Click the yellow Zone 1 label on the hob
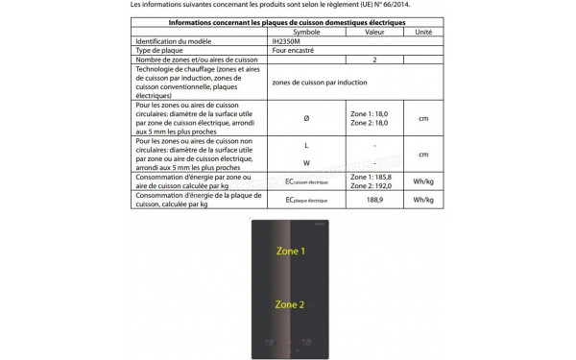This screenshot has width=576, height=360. (290, 251)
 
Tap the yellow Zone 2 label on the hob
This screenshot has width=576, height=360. (290, 304)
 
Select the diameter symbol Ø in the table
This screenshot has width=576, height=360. (306, 117)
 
